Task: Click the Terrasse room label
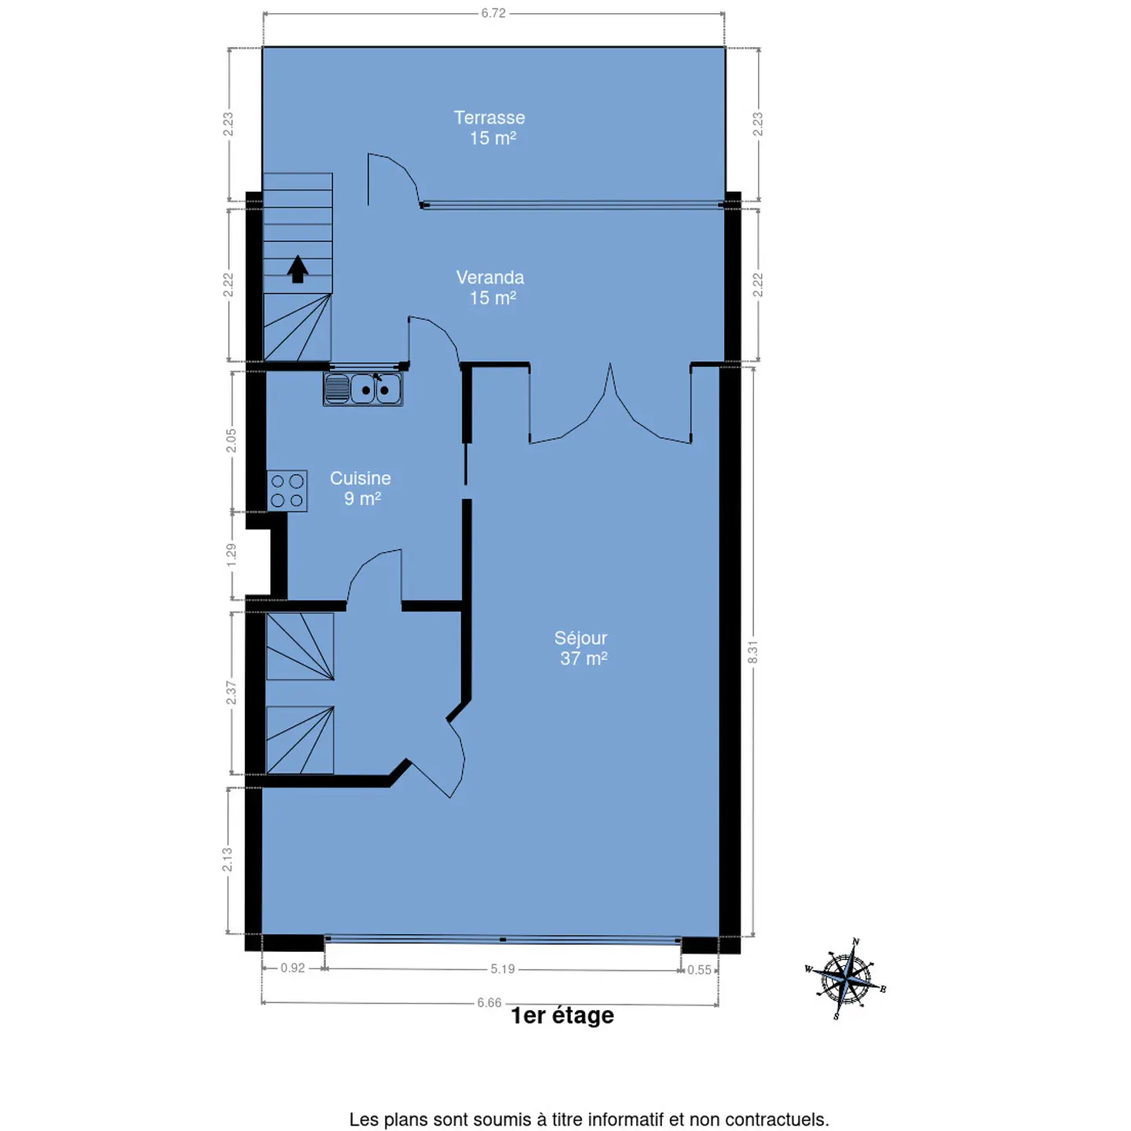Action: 489,127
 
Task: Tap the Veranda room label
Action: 490,287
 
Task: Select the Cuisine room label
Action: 361,488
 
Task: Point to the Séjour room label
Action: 581,647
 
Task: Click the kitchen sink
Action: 363,389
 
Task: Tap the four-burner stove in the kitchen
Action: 287,491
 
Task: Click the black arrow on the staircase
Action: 298,269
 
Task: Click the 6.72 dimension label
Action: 493,13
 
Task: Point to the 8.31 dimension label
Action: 752,652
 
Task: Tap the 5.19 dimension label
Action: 503,968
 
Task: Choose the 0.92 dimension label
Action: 292,968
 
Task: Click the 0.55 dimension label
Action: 699,969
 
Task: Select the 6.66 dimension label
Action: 489,1002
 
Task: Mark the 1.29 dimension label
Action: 231,555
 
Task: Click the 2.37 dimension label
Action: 231,693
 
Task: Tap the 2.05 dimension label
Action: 231,440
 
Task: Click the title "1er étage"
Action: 562,1016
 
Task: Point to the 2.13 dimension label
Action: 227,860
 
